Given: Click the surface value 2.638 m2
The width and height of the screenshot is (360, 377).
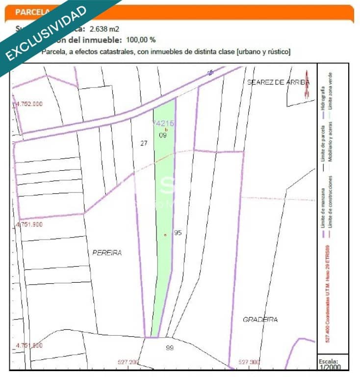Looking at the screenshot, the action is (x=104, y=29).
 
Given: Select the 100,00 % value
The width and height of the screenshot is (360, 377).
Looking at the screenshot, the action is (x=141, y=40).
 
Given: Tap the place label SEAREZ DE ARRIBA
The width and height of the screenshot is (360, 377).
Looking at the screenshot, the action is (x=278, y=82).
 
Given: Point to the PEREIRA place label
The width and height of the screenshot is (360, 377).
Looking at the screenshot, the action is (x=107, y=253).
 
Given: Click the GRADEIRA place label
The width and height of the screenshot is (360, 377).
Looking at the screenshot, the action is (x=260, y=320).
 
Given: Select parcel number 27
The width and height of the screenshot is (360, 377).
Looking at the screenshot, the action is (x=144, y=143).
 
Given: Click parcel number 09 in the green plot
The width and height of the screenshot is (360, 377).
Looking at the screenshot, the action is (x=163, y=135).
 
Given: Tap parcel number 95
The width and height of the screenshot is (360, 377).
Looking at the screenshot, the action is (x=178, y=233).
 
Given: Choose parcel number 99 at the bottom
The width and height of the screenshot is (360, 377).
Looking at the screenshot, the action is (x=170, y=348).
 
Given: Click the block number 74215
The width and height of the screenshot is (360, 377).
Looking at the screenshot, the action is (x=163, y=123).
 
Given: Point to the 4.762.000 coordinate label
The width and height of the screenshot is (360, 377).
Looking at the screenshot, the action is (x=29, y=104).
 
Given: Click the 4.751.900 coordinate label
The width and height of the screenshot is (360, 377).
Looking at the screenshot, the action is (x=29, y=224).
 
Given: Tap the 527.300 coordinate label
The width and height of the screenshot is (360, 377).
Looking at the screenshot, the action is (x=249, y=362).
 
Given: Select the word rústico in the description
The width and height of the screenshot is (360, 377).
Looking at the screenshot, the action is (x=277, y=51).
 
